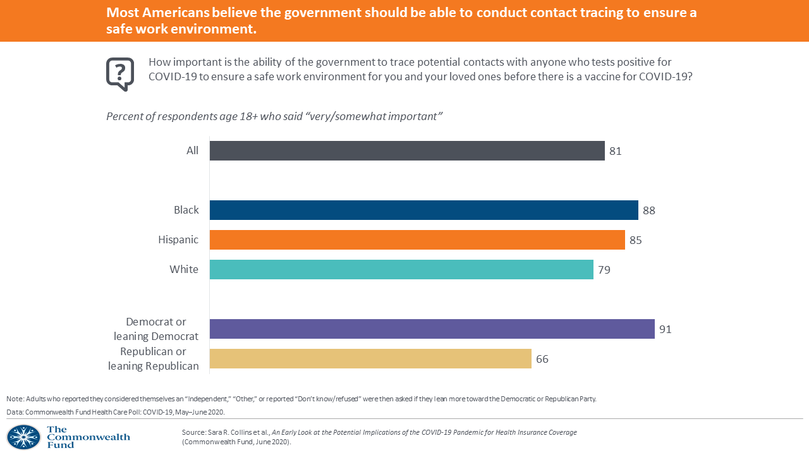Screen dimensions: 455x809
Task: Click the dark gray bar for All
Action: (407, 150)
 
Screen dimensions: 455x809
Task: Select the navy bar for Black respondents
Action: (423, 210)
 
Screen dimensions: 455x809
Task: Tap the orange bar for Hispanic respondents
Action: (417, 240)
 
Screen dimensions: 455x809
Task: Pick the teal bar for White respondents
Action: (401, 269)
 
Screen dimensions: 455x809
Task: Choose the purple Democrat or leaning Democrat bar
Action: (432, 329)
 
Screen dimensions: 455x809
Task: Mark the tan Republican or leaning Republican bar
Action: (370, 359)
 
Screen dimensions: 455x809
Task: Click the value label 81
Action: (616, 151)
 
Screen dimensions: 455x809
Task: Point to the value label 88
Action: (649, 210)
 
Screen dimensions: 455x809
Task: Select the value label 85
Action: (636, 240)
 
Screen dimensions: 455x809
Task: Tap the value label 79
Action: (604, 270)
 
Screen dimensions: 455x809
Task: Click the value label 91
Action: (665, 329)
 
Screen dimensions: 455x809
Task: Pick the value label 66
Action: (542, 359)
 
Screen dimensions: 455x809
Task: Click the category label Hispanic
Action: (178, 240)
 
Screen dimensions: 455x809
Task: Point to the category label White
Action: (184, 269)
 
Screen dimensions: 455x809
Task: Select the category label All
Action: (192, 150)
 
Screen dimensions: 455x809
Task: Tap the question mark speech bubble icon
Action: (120, 73)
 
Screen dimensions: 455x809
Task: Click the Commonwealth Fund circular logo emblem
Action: (23, 437)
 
